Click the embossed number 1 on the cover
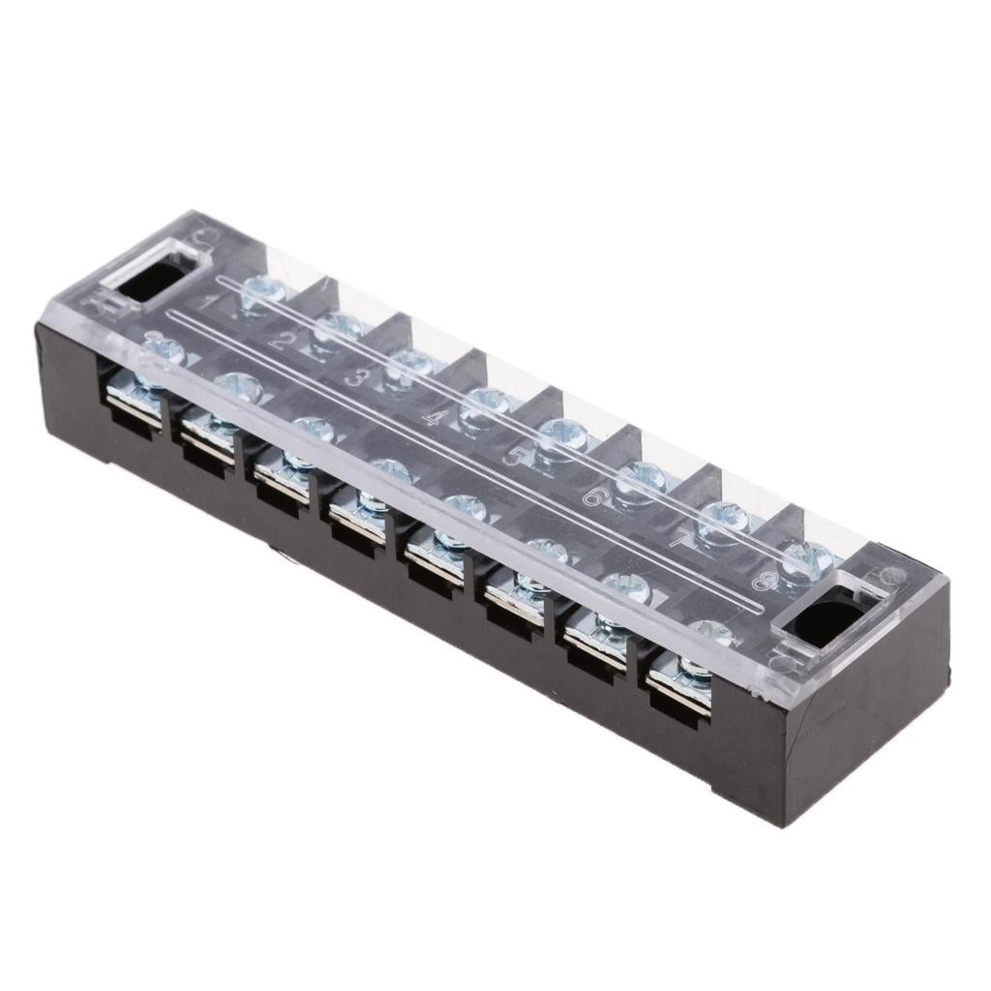click(x=206, y=301)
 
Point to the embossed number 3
click(x=356, y=377)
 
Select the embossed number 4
click(x=436, y=418)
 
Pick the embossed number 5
click(x=513, y=456)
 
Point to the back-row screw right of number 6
click(x=642, y=478)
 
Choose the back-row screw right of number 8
click(x=807, y=559)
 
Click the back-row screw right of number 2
click(x=337, y=328)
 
